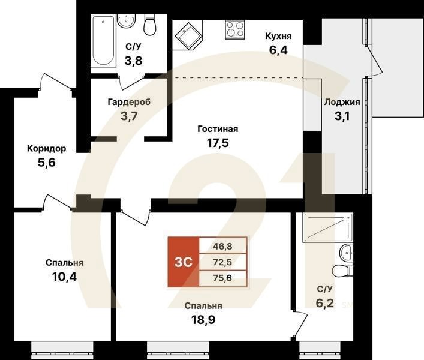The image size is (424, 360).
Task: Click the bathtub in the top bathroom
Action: [x=103, y=41]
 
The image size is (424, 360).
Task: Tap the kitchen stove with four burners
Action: [x=235, y=30]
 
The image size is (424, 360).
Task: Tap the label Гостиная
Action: [x=218, y=129]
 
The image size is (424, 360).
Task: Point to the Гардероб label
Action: [x=129, y=102]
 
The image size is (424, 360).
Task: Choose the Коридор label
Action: [x=46, y=148]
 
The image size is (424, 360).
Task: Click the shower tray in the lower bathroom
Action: [x=327, y=227]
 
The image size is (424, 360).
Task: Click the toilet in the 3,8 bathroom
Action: [x=150, y=26]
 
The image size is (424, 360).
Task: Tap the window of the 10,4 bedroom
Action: [x=58, y=347]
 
